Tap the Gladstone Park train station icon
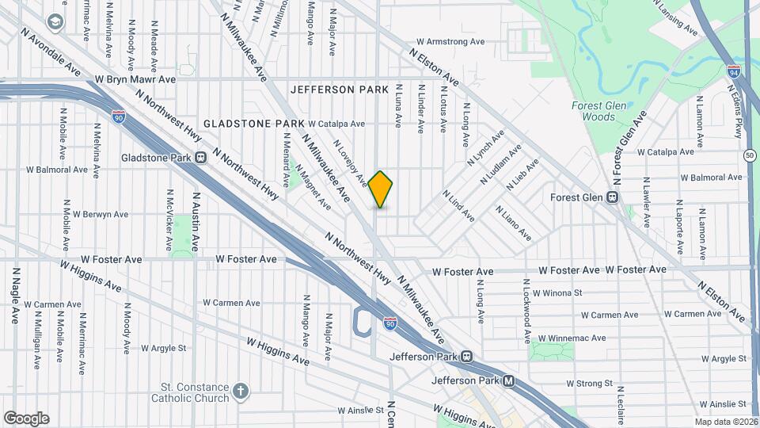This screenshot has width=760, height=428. pyautogui.click(x=201, y=157)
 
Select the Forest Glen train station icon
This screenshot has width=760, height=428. pyautogui.click(x=613, y=197)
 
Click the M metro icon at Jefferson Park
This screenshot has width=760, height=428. pyautogui.click(x=509, y=380)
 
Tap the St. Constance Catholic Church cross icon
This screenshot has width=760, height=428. pyautogui.click(x=241, y=391)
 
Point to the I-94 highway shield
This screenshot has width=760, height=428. pyautogui.click(x=735, y=72)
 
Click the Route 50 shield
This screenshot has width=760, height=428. pyautogui.click(x=750, y=155)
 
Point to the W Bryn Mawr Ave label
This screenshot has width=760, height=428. pyautogui.click(x=135, y=79)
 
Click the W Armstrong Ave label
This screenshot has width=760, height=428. pyautogui.click(x=450, y=41)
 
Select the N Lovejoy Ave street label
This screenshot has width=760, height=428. pyautogui.click(x=351, y=163)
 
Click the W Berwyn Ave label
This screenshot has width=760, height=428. pyautogui.click(x=97, y=214)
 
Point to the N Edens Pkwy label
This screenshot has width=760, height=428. pyautogui.click(x=739, y=118)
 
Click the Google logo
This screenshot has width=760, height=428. pyautogui.click(x=26, y=418)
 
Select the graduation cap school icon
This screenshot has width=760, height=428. pyautogui.click(x=55, y=21)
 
